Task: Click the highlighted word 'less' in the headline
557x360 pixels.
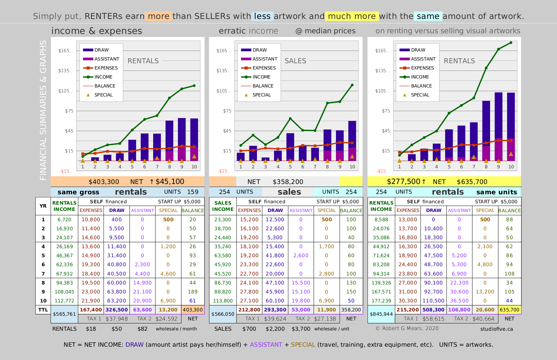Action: pos(262,16)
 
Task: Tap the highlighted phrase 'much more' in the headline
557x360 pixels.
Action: pos(352,16)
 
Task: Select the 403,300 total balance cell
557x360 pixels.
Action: pos(193,309)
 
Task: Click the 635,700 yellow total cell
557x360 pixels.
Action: pos(509,309)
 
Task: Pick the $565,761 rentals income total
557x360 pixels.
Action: pos(64,314)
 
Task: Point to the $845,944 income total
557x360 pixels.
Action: pos(381,314)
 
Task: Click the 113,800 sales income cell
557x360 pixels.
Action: pos(223,301)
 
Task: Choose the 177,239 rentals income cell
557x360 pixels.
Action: pos(381,301)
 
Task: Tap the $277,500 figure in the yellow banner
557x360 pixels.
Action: pos(404,182)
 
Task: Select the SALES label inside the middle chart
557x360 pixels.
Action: pos(295,61)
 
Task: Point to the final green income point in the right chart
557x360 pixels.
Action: pos(511,43)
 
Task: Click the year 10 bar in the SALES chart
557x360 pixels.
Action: pos(352,141)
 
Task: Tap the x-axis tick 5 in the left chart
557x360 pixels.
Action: pos(132,167)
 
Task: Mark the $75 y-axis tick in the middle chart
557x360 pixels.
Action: pos(227,111)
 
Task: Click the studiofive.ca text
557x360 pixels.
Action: pos(497,329)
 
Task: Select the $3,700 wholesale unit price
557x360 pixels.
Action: pos(301,329)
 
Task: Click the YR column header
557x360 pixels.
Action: pos(43,206)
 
